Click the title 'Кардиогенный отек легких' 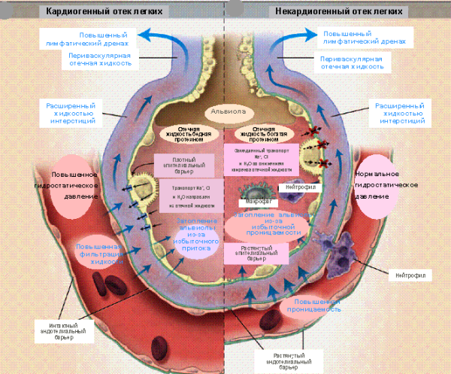[x=104, y=11]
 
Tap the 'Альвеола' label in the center [x=226, y=111]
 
